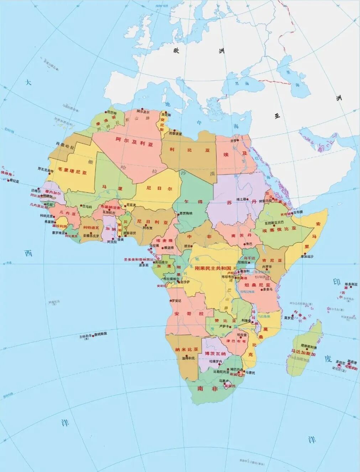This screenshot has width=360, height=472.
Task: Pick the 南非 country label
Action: click(210, 389)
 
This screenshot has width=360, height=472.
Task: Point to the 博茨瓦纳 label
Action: click(215, 353)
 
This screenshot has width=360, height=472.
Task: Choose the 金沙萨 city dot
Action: click(179, 282)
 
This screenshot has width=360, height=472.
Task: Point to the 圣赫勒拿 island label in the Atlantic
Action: click(88, 336)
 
